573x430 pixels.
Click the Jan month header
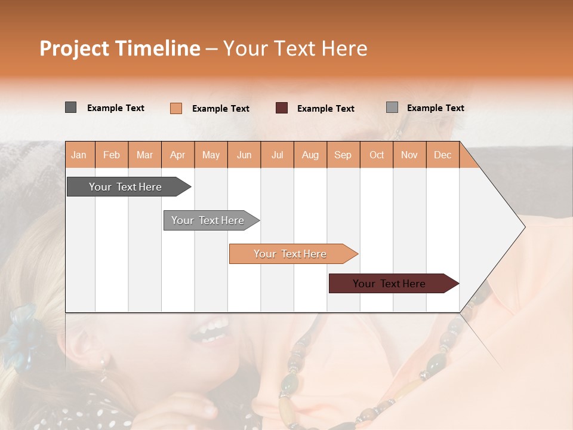[x=79, y=155]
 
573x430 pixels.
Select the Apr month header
[x=178, y=155]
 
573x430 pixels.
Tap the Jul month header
[x=277, y=155]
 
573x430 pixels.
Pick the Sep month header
[x=343, y=155]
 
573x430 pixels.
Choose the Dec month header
[x=442, y=155]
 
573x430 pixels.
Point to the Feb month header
[x=112, y=155]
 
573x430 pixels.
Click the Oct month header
[x=377, y=155]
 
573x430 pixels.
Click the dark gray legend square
[x=71, y=107]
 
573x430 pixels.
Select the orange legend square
[x=176, y=108]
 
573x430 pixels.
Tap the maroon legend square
[x=282, y=108]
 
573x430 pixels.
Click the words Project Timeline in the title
[x=120, y=48]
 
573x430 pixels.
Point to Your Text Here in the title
[x=295, y=48]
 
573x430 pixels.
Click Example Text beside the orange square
[x=221, y=109]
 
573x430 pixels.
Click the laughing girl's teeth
[x=209, y=328]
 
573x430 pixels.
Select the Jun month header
[x=244, y=155]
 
